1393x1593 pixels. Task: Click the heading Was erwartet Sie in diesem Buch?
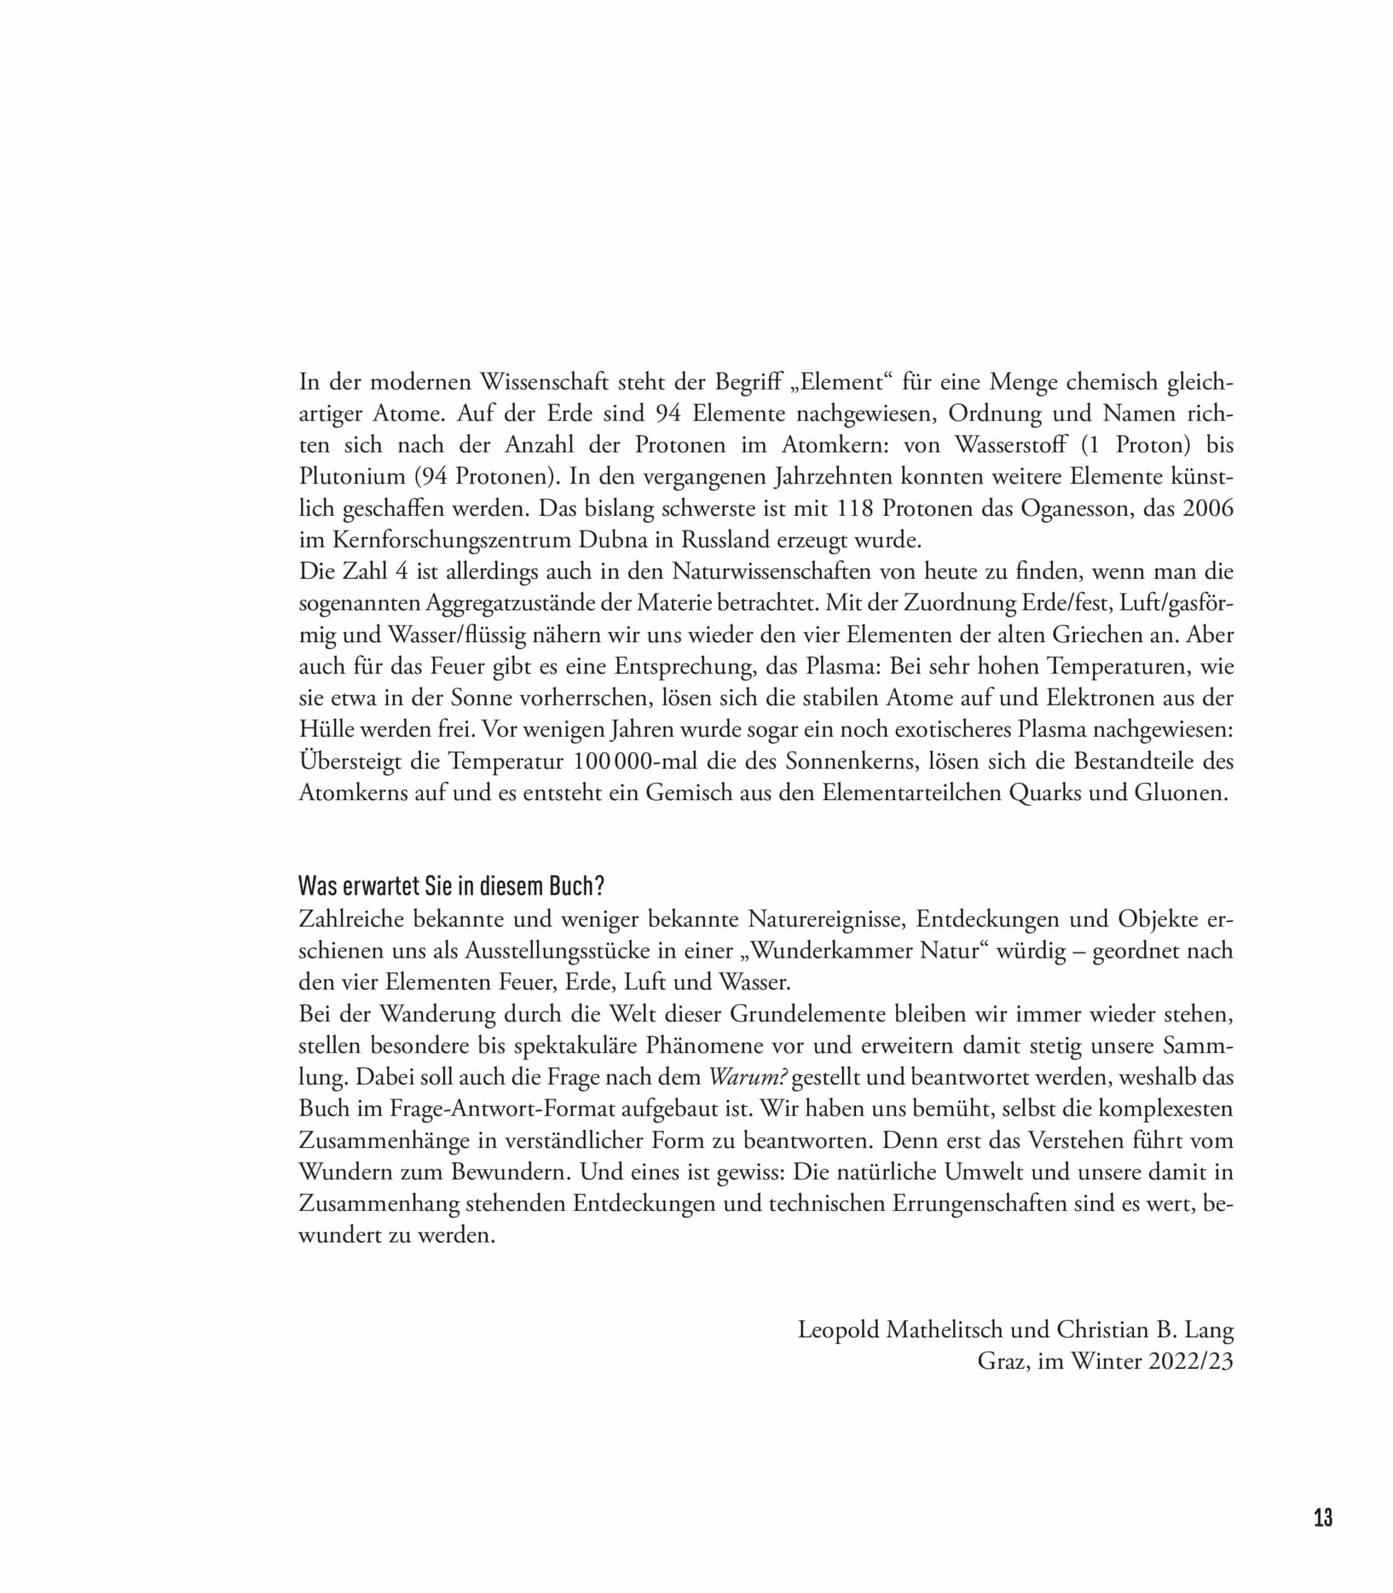[x=452, y=885]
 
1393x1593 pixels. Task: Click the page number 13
[x=1323, y=1539]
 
